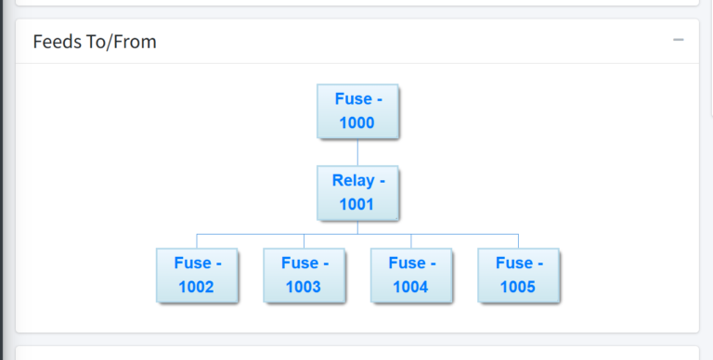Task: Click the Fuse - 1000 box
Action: click(357, 111)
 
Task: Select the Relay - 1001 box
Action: click(357, 193)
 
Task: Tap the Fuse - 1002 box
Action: click(197, 275)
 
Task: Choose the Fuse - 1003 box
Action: click(304, 275)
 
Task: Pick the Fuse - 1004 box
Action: click(411, 275)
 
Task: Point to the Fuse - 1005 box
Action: click(518, 275)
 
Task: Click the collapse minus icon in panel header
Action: click(679, 41)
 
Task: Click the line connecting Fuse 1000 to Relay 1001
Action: click(357, 152)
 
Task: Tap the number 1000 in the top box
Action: click(357, 123)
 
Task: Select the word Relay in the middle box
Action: click(352, 180)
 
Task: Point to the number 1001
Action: click(357, 205)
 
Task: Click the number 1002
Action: click(197, 287)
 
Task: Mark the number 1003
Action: click(304, 287)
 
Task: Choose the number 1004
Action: click(411, 287)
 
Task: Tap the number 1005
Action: click(518, 287)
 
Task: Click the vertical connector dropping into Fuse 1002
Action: click(197, 241)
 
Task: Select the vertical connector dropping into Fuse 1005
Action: click(518, 241)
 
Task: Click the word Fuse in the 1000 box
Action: click(352, 98)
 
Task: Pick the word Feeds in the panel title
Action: click(55, 42)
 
